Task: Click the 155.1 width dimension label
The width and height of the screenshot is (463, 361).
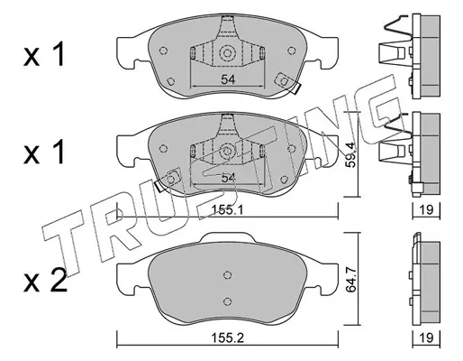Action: (227, 209)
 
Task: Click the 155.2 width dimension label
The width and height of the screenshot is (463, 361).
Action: (228, 338)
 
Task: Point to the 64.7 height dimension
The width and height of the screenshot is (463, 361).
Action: (350, 280)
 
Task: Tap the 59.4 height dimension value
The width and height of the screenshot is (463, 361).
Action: (350, 154)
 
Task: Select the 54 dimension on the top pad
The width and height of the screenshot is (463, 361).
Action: (228, 79)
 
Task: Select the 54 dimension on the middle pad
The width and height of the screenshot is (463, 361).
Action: (228, 178)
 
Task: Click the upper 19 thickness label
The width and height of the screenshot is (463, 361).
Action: (426, 209)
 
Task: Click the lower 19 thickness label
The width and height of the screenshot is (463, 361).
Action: (426, 338)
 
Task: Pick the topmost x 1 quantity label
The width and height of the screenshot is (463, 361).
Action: (44, 54)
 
